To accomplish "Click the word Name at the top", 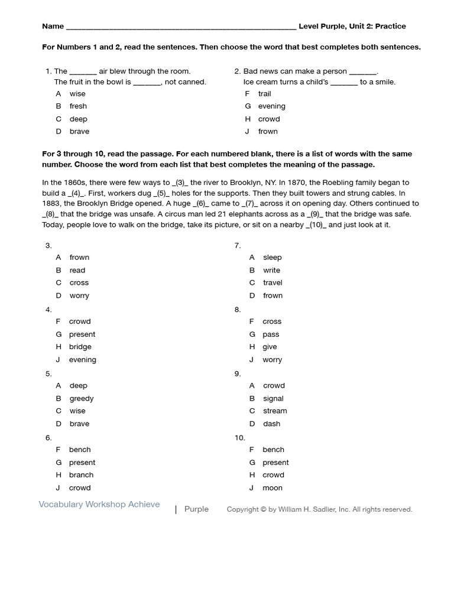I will pos(53,26).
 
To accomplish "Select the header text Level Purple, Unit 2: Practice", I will pos(352,26).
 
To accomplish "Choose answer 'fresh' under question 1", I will pos(78,106).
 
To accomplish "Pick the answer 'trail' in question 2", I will pos(264,93).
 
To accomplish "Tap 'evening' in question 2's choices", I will pos(271,106).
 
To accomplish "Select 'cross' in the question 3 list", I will pos(79,282).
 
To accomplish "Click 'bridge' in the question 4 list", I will pos(80,347).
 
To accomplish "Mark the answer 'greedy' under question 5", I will pos(82,398).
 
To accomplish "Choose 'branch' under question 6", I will pos(81,475).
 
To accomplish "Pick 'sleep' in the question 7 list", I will pos(272,257).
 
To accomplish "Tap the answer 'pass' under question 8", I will pos(271,334).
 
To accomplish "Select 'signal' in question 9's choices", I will pos(273,398).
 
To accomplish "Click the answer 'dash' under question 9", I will pos(271,424).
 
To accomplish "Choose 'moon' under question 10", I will pos(272,488).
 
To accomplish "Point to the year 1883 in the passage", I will pos(52,203).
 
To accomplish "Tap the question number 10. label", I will pos(239,438).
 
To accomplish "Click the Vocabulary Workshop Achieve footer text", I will pos(99,504).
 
